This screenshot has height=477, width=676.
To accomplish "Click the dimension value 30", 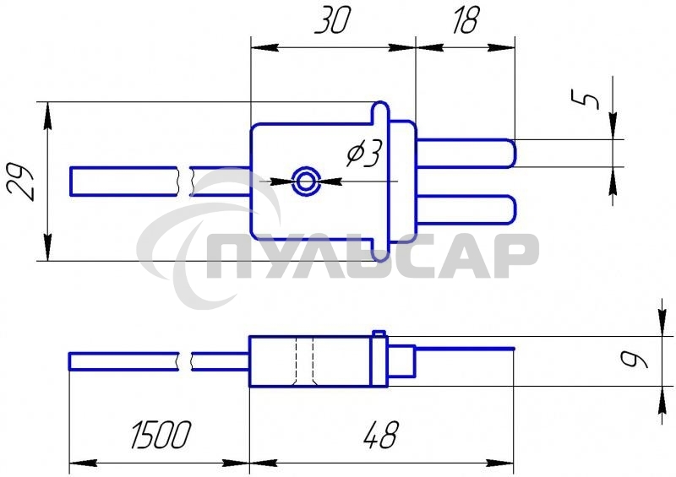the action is click(332, 20).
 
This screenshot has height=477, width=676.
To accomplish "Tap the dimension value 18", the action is click(466, 20).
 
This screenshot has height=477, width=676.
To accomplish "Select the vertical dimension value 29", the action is click(20, 182).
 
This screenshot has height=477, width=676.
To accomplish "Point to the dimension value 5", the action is click(585, 99).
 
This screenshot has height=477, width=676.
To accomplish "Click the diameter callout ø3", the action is click(364, 154).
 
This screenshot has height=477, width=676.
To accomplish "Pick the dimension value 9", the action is click(634, 360).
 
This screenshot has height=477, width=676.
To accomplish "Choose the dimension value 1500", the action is click(161, 434).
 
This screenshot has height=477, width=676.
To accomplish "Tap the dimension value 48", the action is click(380, 434).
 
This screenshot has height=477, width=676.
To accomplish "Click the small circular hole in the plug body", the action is click(306, 182).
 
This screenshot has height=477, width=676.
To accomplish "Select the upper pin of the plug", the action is click(466, 154).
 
